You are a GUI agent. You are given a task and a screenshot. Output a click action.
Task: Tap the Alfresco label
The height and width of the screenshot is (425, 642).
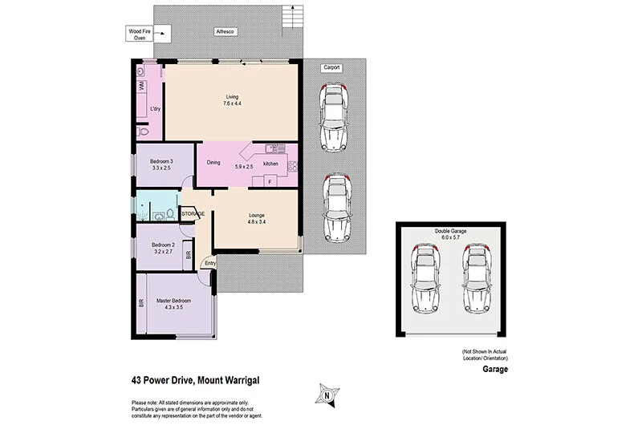click(224, 31)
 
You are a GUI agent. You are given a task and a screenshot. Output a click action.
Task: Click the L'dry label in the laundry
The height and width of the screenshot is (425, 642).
click(156, 108)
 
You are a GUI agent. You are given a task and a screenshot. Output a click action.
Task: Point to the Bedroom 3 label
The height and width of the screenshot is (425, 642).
click(161, 165)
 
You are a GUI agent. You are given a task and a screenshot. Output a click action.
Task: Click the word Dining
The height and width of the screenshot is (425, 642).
click(213, 164)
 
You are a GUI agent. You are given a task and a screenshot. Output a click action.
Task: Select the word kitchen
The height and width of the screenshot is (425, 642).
click(271, 164)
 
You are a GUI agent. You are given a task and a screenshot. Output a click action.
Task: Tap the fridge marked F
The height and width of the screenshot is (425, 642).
click(270, 182)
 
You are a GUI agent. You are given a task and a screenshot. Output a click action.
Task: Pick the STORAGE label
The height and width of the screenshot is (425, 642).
click(193, 214)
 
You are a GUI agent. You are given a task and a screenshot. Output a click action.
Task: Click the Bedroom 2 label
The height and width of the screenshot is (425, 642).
click(163, 248)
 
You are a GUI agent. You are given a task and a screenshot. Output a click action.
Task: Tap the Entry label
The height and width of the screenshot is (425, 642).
click(209, 263)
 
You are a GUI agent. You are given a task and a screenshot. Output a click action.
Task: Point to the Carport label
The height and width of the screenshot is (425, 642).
click(331, 69)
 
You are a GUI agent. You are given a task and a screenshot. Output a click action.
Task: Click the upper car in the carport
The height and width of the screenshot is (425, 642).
click(333, 116)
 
